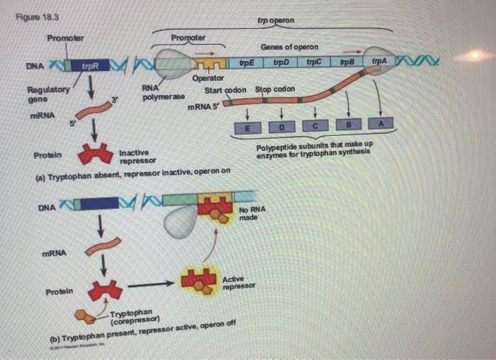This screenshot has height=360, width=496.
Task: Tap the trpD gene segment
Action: (281, 64)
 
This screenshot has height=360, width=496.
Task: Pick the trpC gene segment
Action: (314, 63)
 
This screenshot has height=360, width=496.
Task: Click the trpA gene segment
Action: (380, 62)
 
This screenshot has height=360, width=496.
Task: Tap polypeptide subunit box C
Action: (315, 125)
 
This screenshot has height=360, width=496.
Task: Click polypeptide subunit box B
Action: (348, 124)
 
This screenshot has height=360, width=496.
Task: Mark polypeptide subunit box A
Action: (381, 123)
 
